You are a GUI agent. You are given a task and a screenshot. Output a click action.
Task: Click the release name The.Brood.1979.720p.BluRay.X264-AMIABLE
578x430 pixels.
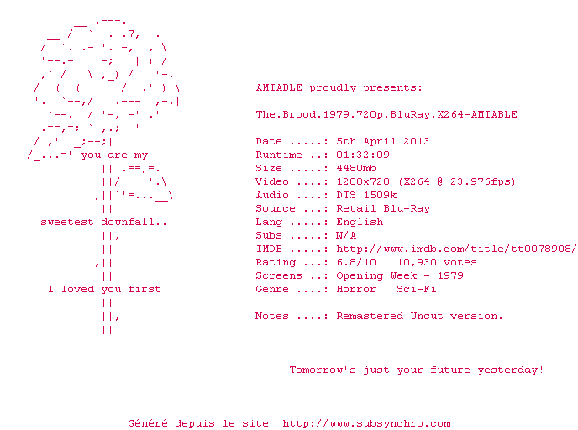click(386, 114)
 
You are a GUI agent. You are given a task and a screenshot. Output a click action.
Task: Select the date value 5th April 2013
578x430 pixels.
click(382, 141)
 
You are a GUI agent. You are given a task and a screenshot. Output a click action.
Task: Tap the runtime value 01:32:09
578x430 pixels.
click(363, 155)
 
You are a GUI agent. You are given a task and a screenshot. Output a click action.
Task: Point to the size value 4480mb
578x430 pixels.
click(356, 169)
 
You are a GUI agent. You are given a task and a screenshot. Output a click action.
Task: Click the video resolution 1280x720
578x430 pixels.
click(363, 181)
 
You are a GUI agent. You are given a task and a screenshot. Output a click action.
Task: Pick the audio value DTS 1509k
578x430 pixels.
click(366, 195)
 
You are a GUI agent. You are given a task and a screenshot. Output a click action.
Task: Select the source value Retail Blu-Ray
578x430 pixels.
click(383, 208)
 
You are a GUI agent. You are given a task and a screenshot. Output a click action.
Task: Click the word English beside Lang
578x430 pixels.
click(360, 222)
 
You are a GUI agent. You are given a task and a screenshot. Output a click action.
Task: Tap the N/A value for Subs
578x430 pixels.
click(346, 235)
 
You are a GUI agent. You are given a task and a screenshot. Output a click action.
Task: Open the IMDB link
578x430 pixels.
click(456, 249)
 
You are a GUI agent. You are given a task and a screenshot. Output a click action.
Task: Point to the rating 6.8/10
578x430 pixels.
click(356, 262)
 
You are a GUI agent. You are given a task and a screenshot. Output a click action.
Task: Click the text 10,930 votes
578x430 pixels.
click(437, 262)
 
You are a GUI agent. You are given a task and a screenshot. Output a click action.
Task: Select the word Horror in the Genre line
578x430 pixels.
click(356, 289)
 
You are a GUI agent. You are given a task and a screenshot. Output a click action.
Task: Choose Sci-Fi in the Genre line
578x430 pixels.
click(417, 289)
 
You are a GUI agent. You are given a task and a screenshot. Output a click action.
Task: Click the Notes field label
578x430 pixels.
click(272, 316)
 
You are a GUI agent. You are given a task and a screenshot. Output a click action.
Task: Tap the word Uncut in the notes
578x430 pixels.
click(427, 316)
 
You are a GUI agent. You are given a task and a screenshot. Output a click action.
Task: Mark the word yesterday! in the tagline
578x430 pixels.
click(511, 370)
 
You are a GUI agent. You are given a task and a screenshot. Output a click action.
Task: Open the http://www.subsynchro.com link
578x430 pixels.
click(366, 424)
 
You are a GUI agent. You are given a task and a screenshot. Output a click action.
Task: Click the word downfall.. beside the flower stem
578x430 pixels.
click(134, 223)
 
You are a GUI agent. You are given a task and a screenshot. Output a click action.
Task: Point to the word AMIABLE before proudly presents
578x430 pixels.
click(279, 87)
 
